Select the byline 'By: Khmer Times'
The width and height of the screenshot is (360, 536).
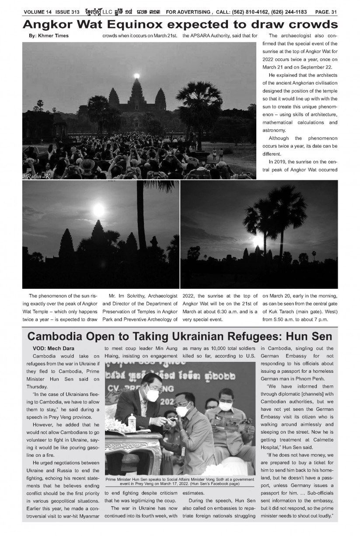[x=47, y=35]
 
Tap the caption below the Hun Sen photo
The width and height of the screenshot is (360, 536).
[x=180, y=481]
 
